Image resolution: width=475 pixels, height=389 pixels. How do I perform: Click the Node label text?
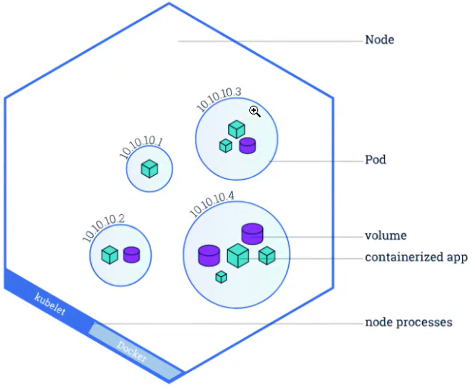pyautogui.click(x=379, y=40)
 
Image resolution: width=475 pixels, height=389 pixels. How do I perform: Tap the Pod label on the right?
pyautogui.click(x=375, y=160)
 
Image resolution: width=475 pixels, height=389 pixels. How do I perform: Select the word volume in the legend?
pyautogui.click(x=386, y=235)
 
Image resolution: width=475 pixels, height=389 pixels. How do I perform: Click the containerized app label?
pyautogui.click(x=416, y=257)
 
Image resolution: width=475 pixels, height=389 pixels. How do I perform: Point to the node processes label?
pyautogui.click(x=409, y=322)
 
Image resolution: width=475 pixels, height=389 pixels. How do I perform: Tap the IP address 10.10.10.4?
pyautogui.click(x=212, y=204)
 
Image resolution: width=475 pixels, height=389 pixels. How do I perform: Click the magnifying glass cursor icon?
pyautogui.click(x=255, y=112)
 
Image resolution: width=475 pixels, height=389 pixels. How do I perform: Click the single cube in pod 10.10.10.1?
pyautogui.click(x=150, y=169)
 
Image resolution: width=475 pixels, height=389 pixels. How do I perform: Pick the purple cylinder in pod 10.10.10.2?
pyautogui.click(x=132, y=255)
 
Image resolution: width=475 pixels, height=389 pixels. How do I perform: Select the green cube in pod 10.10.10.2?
pyautogui.click(x=110, y=255)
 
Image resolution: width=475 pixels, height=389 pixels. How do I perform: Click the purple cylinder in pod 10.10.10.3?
pyautogui.click(x=248, y=145)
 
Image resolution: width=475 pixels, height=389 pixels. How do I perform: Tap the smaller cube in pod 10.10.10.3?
pyautogui.click(x=226, y=145)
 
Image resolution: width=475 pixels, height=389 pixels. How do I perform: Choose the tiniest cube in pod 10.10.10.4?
pyautogui.click(x=221, y=277)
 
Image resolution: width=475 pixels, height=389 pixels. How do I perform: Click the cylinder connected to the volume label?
pyautogui.click(x=252, y=234)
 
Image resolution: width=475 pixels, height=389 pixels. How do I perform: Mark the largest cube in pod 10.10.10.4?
pyautogui.click(x=238, y=256)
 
